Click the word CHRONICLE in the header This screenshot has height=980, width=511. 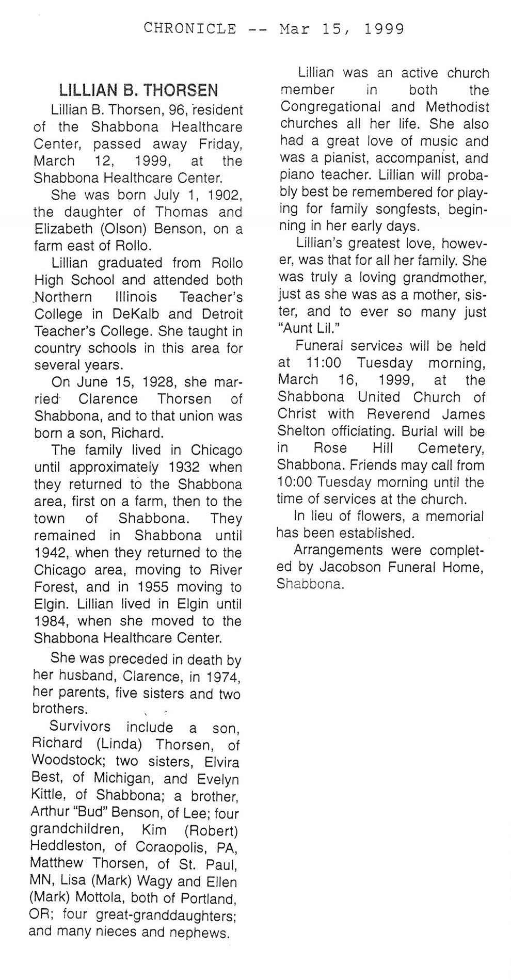[x=190, y=29]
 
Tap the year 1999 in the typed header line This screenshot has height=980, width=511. [x=384, y=29]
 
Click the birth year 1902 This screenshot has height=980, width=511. [x=226, y=195]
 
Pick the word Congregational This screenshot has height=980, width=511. [x=330, y=107]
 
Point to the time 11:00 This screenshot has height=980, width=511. [x=320, y=363]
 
